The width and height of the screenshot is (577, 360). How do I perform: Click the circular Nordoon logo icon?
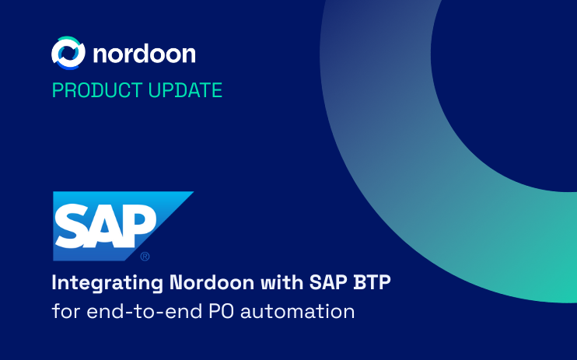68,52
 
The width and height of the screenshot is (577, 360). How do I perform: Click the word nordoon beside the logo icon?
144,53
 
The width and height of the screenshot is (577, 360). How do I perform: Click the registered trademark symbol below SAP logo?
145,256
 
